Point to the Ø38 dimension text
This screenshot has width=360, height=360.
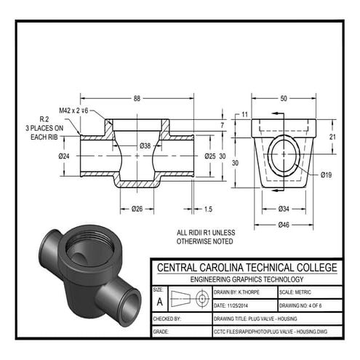tap(145, 146)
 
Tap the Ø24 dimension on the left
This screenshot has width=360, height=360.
tap(65, 156)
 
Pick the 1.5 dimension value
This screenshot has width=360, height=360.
tap(208, 209)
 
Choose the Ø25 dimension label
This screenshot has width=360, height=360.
tap(209, 156)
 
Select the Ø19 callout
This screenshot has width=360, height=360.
tap(327, 175)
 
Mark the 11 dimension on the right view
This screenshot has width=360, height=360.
tap(245, 114)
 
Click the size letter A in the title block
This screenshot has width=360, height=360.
tap(159, 300)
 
